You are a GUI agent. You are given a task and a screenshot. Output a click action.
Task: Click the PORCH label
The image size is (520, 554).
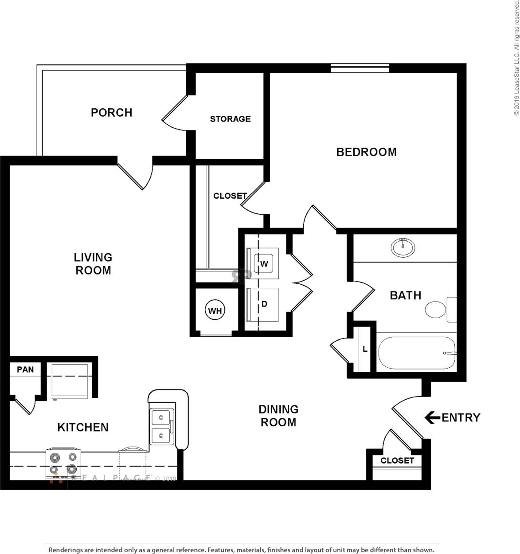click(x=111, y=113)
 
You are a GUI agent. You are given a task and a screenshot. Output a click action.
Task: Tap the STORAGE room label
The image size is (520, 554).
click(x=230, y=119)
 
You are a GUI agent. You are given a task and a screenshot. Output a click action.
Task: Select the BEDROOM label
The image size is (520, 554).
click(x=366, y=152)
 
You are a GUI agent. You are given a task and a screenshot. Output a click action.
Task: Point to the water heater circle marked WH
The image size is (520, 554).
click(x=215, y=310)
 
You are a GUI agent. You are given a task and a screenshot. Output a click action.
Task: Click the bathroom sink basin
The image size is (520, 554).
click(x=403, y=247)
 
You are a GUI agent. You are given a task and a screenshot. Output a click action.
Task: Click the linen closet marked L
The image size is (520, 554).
click(x=364, y=349)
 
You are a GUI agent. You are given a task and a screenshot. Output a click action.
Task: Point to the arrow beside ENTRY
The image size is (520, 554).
click(x=431, y=417)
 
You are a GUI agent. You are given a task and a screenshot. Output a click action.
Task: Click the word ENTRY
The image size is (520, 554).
click(x=461, y=418)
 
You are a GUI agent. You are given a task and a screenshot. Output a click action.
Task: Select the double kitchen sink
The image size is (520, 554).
click(x=160, y=427)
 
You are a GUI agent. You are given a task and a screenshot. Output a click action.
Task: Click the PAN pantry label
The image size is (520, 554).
click(x=25, y=369)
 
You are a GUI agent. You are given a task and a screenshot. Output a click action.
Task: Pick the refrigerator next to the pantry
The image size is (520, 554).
click(x=70, y=381)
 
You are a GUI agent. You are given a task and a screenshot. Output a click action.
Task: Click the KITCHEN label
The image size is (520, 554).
click(x=83, y=427)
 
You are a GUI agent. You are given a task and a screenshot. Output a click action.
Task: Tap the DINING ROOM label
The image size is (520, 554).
click(x=278, y=416)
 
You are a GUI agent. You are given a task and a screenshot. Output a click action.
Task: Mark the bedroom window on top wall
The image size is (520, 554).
click(x=360, y=68)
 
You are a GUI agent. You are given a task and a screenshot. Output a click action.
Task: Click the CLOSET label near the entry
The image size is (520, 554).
click(x=397, y=460)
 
